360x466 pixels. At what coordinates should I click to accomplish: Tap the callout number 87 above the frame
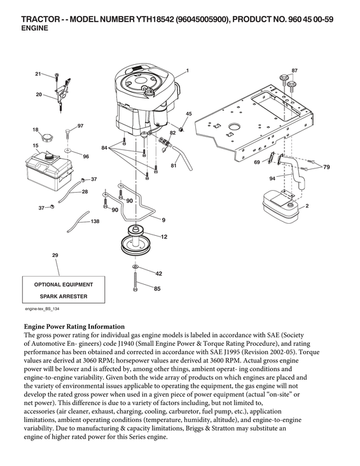(x=294, y=69)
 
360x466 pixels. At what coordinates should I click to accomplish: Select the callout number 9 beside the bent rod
(x=163, y=220)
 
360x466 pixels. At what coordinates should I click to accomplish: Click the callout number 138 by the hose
(x=95, y=221)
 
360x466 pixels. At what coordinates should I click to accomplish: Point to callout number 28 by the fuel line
(x=85, y=191)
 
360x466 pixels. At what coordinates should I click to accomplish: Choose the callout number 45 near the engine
(x=188, y=114)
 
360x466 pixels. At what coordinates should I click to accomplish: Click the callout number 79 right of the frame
(x=326, y=167)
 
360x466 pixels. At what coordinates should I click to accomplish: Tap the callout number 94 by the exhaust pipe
(x=272, y=179)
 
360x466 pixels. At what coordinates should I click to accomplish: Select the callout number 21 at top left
(x=38, y=74)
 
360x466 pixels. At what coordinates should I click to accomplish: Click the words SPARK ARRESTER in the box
(x=64, y=296)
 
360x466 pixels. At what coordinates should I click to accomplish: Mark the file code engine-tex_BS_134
(x=46, y=308)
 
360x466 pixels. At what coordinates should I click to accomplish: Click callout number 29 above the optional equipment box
(x=55, y=255)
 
